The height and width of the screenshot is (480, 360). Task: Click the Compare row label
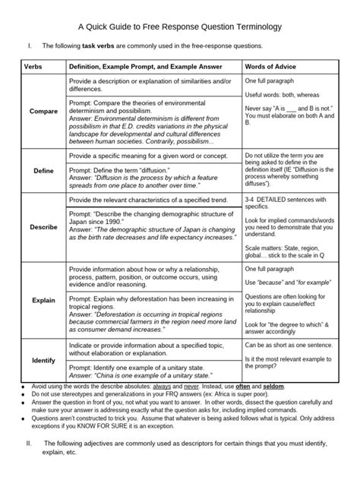43,112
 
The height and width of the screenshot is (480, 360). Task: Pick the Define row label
43,171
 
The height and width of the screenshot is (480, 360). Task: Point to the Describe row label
43,227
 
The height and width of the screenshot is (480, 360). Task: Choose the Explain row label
43,300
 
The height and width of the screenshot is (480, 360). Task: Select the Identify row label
43,359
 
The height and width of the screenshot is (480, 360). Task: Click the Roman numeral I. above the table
28,47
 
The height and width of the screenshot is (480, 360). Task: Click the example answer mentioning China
138,376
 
